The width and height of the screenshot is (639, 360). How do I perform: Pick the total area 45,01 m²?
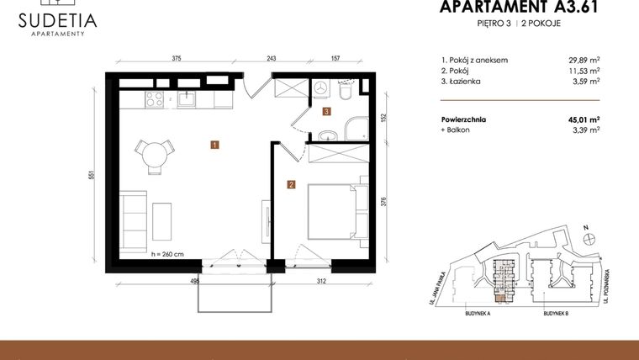(582, 119)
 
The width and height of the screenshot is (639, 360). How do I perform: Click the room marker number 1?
(215, 145)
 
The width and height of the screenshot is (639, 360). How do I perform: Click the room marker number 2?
(290, 184)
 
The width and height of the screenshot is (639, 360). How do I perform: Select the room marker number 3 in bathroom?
(326, 110)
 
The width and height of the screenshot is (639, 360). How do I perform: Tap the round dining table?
(155, 154)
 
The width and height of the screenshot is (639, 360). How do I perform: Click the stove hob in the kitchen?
(155, 99)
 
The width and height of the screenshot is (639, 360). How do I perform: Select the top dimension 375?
(177, 59)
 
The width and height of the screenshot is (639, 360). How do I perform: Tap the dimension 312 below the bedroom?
(319, 282)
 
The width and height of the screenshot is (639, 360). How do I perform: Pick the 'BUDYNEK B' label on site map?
(556, 312)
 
